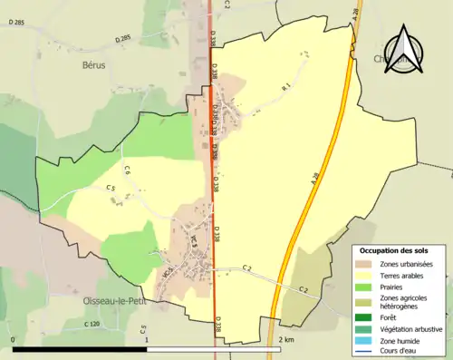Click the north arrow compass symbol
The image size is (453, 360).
coord(405,52)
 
